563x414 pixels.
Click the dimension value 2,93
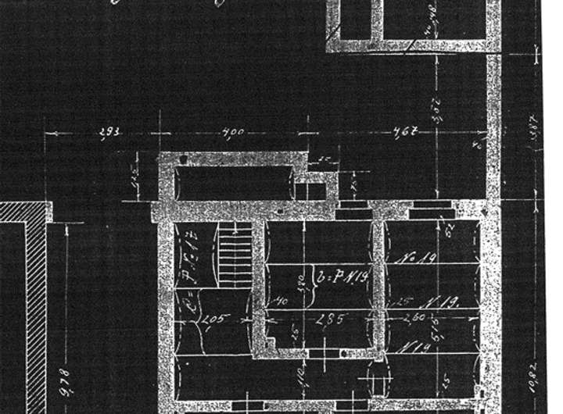point(109,133)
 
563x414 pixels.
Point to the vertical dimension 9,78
point(66,383)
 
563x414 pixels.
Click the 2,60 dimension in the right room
point(414,319)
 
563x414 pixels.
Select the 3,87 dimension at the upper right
point(535,133)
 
